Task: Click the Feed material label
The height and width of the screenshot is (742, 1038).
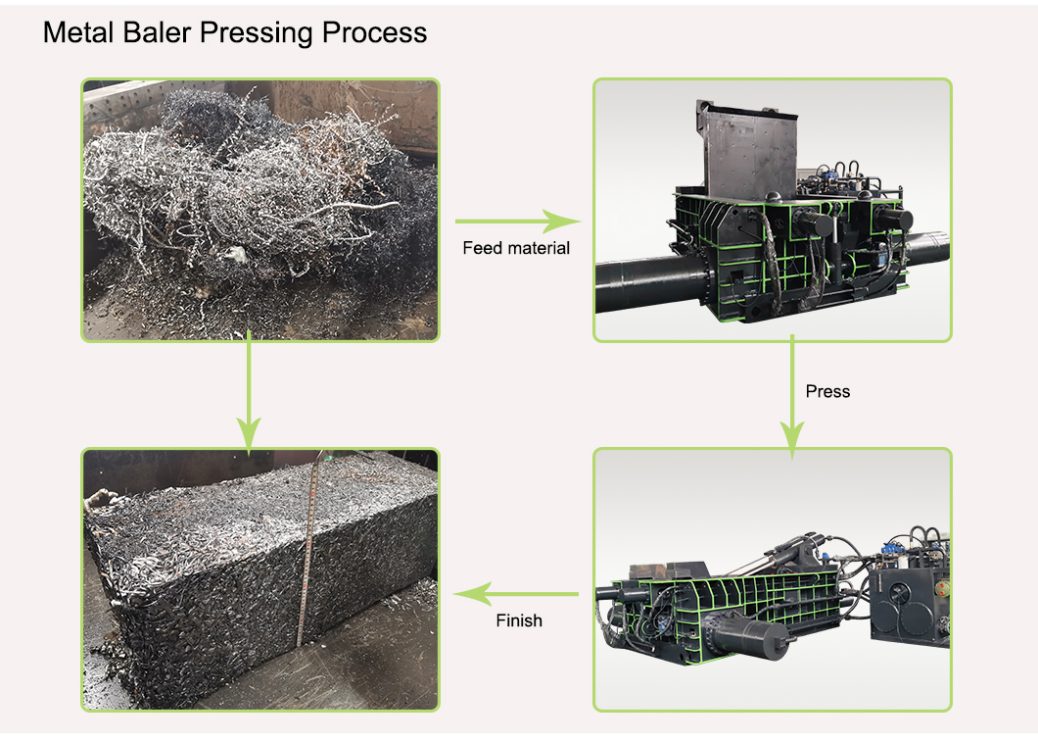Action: pos(516,248)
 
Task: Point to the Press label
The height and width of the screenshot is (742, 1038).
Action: pos(827,391)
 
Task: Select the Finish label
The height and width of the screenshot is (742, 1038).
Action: pos(519,620)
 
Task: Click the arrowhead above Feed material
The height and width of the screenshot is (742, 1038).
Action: pos(562,222)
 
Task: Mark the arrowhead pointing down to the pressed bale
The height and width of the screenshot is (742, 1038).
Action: pos(249,436)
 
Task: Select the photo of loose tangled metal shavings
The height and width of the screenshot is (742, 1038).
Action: pos(260,210)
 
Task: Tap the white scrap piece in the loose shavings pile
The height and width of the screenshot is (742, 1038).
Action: pos(234,255)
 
